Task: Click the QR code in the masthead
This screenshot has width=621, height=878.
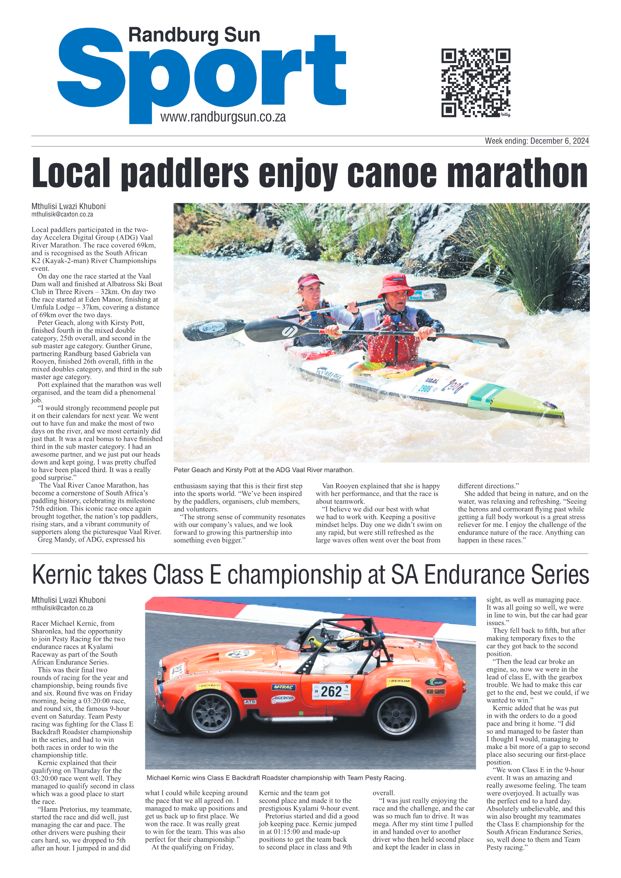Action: [x=475, y=83]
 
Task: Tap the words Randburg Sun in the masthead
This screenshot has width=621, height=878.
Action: [x=194, y=35]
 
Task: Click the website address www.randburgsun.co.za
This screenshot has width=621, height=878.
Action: [x=223, y=117]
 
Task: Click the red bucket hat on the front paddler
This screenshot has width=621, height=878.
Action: [x=395, y=285]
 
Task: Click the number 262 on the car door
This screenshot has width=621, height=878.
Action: [x=331, y=692]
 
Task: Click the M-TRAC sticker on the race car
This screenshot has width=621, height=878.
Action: [x=284, y=687]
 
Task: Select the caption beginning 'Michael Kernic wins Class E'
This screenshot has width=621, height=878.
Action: [x=276, y=778]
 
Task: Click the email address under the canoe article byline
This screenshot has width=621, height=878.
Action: [x=62, y=214]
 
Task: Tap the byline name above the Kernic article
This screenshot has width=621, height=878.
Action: [x=69, y=600]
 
